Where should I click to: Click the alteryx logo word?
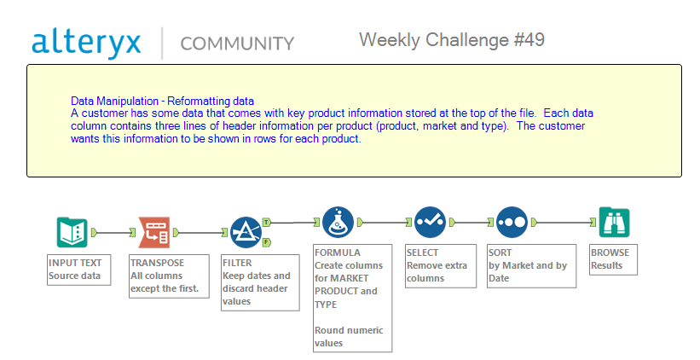click(x=86, y=42)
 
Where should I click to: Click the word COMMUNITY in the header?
click(x=237, y=44)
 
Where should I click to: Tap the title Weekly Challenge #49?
click(x=451, y=39)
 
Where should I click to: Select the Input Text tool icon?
click(x=72, y=231)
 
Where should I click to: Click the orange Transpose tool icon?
click(x=154, y=231)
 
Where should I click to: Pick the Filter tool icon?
click(x=246, y=231)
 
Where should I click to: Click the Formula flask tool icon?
click(x=338, y=223)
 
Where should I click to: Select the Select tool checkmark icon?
click(x=430, y=223)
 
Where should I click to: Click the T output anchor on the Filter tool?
click(x=267, y=221)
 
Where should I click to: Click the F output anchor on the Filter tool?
click(x=267, y=241)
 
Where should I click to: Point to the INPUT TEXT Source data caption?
click(x=78, y=269)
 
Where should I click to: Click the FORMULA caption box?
click(x=352, y=298)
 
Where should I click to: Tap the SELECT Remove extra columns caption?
click(x=439, y=265)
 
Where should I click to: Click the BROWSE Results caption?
click(x=612, y=259)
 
